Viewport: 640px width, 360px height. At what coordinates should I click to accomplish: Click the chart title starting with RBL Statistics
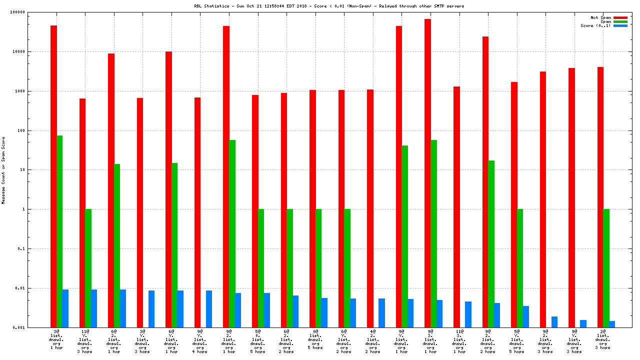coord(329,6)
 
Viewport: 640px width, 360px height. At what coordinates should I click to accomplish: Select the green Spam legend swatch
coord(620,21)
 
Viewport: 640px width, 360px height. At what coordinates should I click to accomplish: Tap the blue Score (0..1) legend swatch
coord(620,25)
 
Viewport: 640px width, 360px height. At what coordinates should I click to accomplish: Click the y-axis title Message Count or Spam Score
coord(4,170)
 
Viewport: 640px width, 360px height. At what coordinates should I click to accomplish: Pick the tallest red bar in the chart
coord(427,173)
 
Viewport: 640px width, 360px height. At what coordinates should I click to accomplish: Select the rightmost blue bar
coord(612,324)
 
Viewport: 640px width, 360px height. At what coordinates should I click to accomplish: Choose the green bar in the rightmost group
coord(606,268)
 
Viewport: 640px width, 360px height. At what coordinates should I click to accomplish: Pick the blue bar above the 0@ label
coord(324,312)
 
